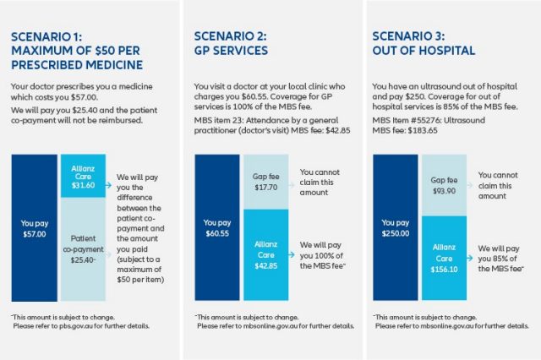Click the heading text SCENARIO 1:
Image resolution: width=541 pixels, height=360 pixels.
[x=45, y=36]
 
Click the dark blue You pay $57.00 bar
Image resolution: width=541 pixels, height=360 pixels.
[x=36, y=228]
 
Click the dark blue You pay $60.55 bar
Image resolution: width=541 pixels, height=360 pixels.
[x=217, y=228]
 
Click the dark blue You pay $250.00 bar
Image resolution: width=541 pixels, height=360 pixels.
[x=397, y=228]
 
